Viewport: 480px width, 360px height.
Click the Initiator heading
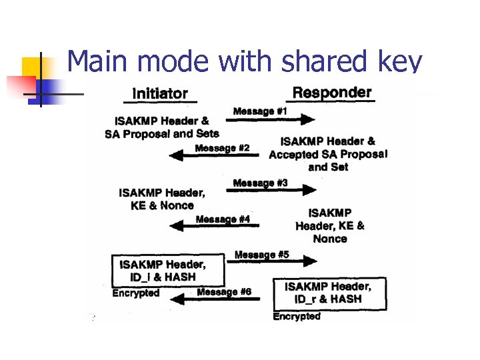click(x=160, y=94)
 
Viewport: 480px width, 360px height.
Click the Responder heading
click(x=332, y=92)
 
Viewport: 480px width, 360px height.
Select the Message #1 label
click(x=260, y=111)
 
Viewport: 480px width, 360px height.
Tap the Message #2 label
click(x=223, y=148)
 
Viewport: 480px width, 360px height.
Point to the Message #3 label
click(x=260, y=183)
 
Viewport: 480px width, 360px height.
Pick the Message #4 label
click(x=223, y=219)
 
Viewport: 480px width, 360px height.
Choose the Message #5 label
click(x=262, y=255)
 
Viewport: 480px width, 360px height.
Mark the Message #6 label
click(x=224, y=292)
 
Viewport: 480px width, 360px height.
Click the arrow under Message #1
click(x=270, y=120)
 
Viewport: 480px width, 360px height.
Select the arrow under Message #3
click(x=270, y=191)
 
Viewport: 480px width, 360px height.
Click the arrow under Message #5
click(x=270, y=263)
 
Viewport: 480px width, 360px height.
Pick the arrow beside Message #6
click(x=220, y=299)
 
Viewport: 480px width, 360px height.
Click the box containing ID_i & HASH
click(x=167, y=270)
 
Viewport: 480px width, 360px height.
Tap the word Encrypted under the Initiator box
click(x=136, y=293)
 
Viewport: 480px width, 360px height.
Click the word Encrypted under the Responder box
click(x=297, y=317)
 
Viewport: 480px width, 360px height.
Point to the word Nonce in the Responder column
click(x=330, y=239)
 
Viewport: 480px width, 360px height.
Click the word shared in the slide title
click(x=311, y=61)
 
